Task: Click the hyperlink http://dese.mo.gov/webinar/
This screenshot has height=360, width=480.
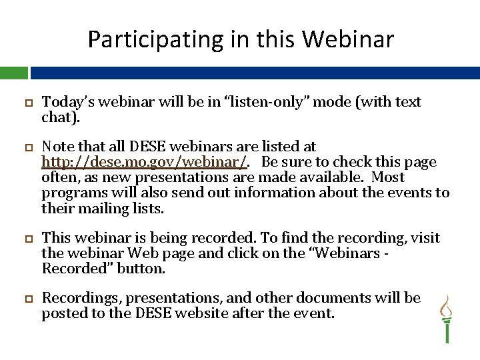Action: pos(145,162)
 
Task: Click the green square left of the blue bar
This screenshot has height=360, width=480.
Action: pos(13,73)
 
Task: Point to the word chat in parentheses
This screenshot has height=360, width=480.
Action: pos(55,117)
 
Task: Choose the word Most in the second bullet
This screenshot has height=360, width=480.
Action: pos(388,177)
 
